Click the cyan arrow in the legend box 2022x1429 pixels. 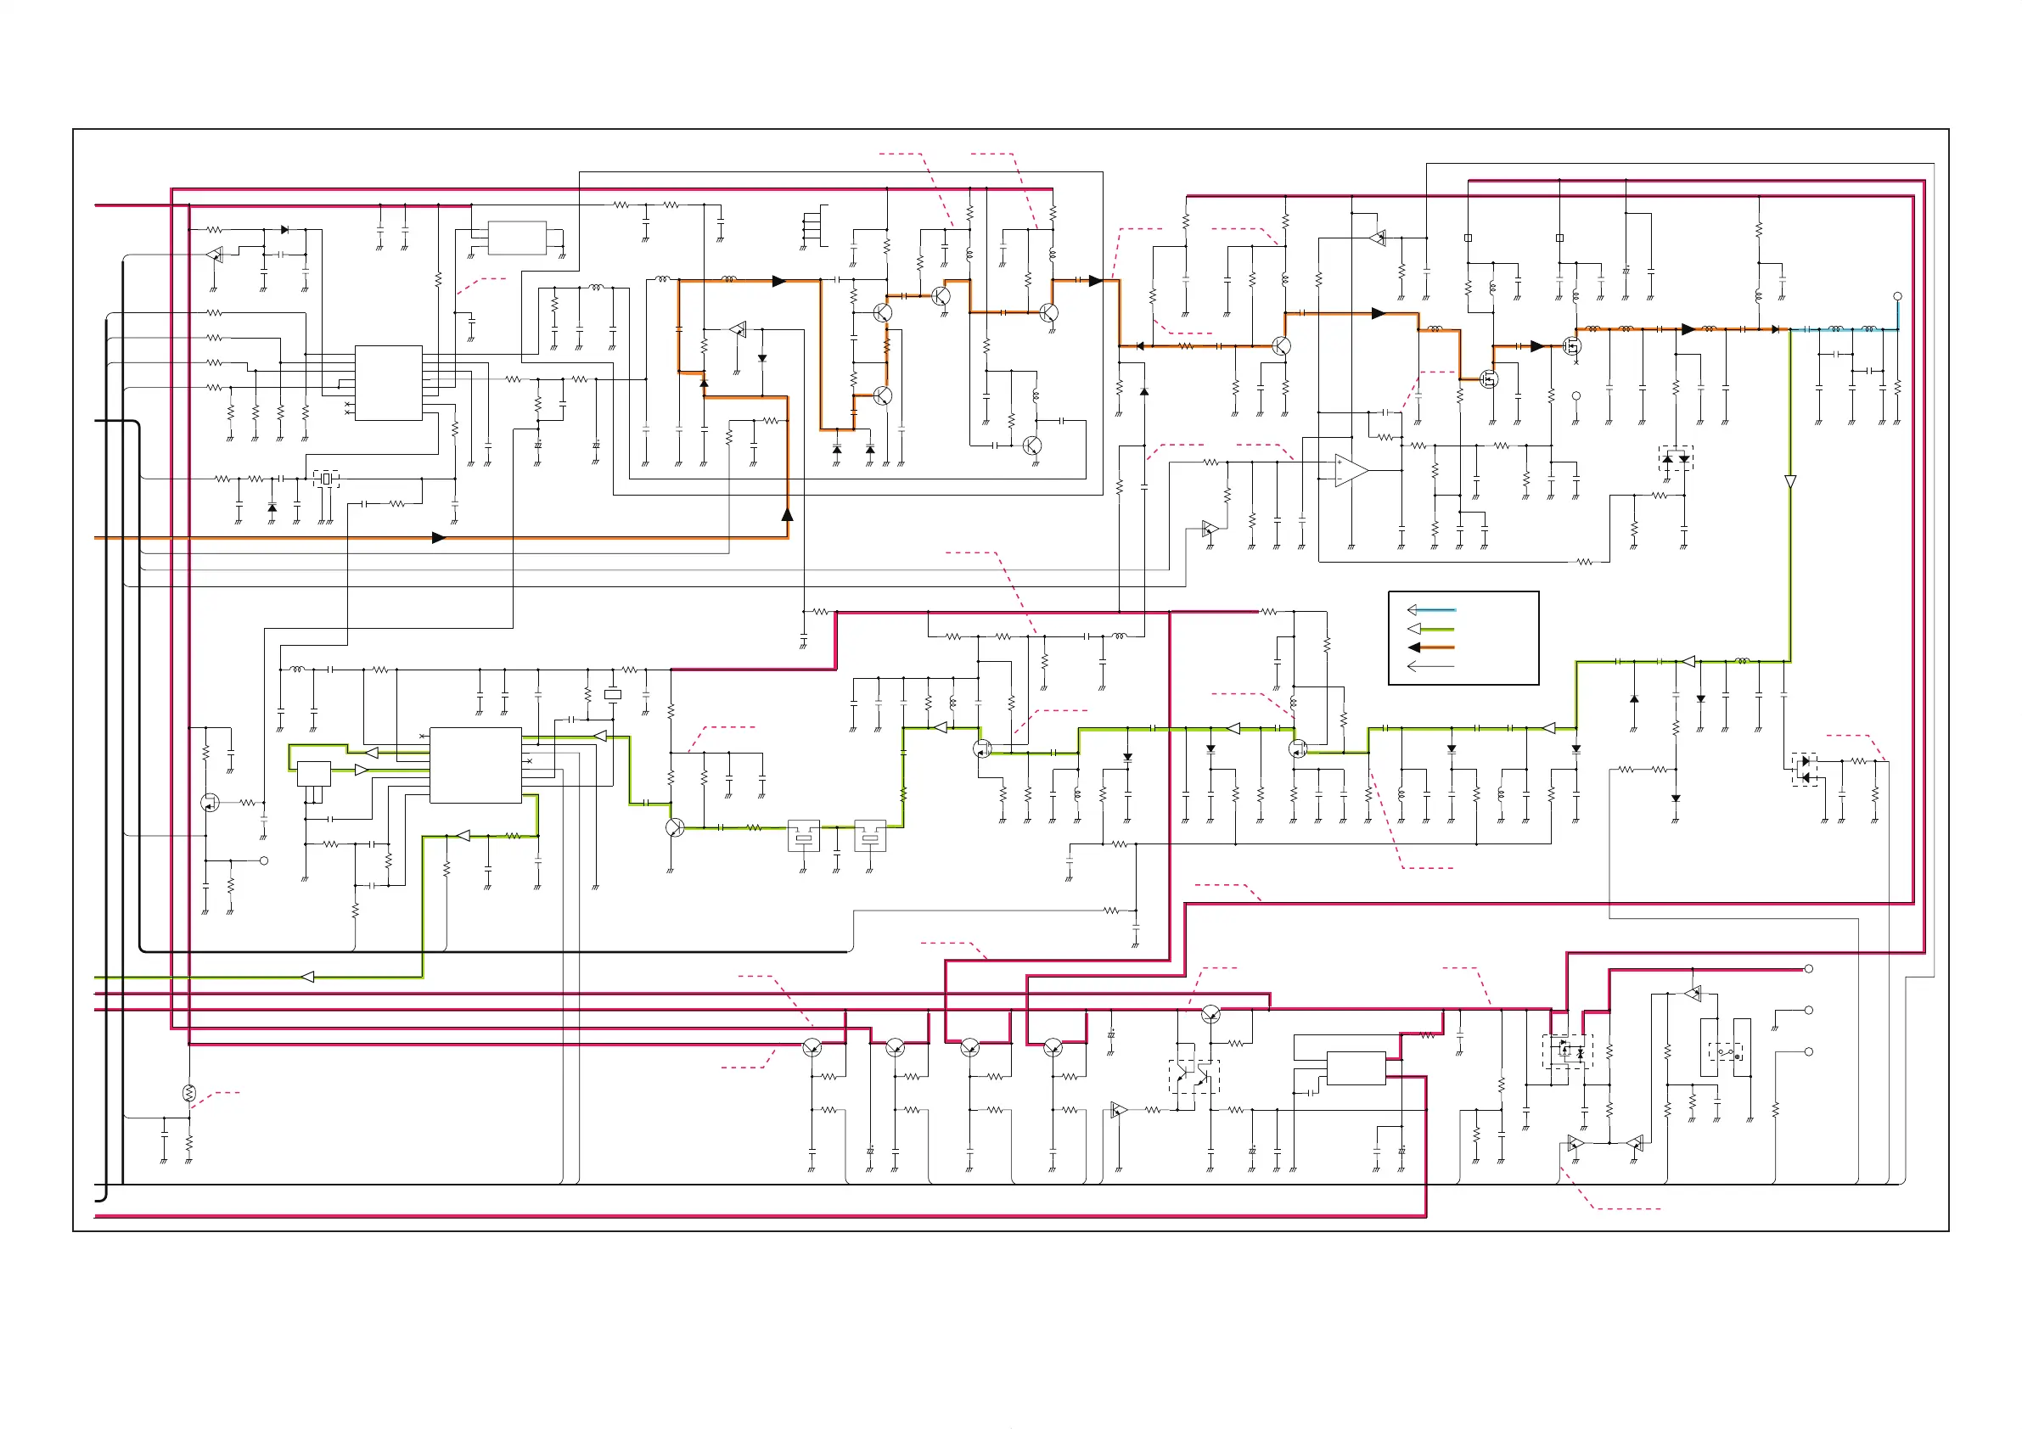1431,609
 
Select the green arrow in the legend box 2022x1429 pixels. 1431,629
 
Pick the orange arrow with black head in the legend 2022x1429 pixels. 1431,647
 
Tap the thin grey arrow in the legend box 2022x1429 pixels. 1431,666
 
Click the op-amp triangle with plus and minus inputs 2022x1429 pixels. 1350,470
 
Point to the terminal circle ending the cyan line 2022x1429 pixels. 1898,296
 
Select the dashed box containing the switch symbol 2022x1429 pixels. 1726,1051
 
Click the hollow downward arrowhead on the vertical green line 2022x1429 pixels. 1789,482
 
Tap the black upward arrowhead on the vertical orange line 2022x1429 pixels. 787,514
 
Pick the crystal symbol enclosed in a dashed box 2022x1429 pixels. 326,478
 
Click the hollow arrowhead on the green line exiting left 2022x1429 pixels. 307,977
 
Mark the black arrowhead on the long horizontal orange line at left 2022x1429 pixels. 439,538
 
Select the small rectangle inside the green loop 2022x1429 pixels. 313,774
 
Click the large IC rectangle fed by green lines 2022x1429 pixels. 475,765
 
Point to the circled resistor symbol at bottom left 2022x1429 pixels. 188,1093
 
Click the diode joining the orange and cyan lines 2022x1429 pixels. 1776,329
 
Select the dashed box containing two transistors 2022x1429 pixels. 1194,1076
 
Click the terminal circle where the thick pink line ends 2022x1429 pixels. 1809,968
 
